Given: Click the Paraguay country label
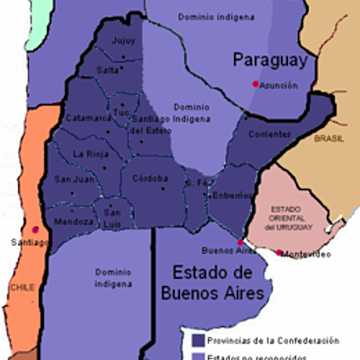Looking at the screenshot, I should pyautogui.click(x=270, y=60).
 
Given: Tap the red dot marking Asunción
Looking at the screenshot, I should pyautogui.click(x=256, y=84).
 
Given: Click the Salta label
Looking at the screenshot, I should pyautogui.click(x=107, y=69).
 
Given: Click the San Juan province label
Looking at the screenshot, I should pyautogui.click(x=73, y=179).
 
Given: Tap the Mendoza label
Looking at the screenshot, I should pyautogui.click(x=74, y=221).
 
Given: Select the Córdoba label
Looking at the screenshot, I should pyautogui.click(x=150, y=178).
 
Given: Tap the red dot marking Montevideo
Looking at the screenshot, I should pyautogui.click(x=280, y=253).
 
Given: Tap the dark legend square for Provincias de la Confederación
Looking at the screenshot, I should pyautogui.click(x=197, y=340).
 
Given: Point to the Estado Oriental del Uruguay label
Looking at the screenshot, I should pyautogui.click(x=280, y=217).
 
